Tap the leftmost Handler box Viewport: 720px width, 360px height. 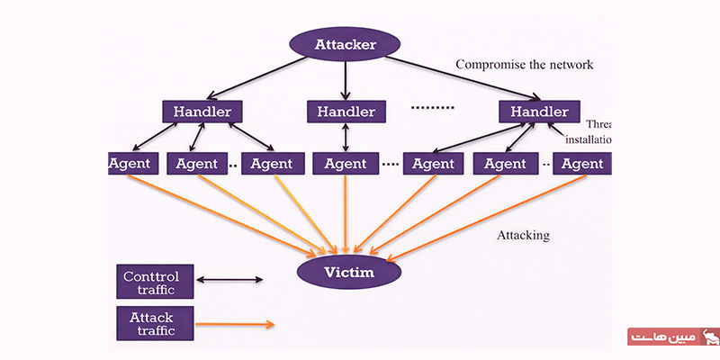(x=202, y=112)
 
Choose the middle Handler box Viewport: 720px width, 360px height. (x=346, y=112)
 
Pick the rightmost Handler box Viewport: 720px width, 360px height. (x=539, y=112)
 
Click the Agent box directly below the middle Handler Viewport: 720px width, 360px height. (x=346, y=165)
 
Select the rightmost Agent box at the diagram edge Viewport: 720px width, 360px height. (x=581, y=165)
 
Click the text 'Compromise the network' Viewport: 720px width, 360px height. (x=525, y=65)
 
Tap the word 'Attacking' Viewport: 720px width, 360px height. (x=523, y=236)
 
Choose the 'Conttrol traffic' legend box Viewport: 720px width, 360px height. (x=154, y=282)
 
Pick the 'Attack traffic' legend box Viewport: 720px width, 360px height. (x=154, y=323)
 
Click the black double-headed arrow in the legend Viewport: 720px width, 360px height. (x=229, y=281)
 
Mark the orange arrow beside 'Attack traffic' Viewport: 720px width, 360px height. (x=234, y=323)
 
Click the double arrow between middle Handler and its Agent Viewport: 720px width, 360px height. (x=346, y=139)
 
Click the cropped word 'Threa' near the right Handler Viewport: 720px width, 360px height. (x=598, y=125)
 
